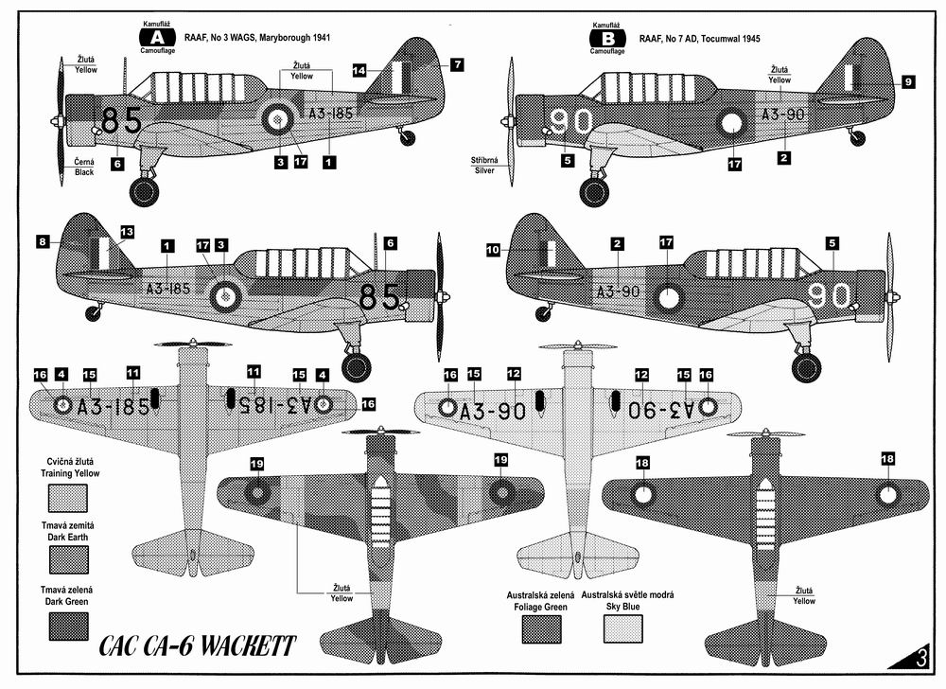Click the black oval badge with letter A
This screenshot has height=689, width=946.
[157, 38]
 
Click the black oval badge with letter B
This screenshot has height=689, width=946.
[608, 39]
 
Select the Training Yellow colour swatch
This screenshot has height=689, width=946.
[68, 499]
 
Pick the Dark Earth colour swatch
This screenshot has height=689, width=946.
[68, 560]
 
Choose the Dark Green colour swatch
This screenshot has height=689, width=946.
[68, 627]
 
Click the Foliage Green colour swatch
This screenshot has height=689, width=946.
[541, 629]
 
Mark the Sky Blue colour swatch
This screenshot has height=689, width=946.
[623, 629]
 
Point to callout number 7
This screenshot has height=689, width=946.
[457, 64]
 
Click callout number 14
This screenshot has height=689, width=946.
[359, 71]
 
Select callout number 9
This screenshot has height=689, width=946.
[908, 81]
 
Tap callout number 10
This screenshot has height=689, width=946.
[493, 249]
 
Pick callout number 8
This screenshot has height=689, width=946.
[42, 242]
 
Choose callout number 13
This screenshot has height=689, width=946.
[127, 232]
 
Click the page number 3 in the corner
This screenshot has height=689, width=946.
[920, 658]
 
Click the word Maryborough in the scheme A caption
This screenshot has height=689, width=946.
[278, 38]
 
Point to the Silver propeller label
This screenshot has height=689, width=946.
[483, 170]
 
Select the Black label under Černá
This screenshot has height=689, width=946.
[84, 172]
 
